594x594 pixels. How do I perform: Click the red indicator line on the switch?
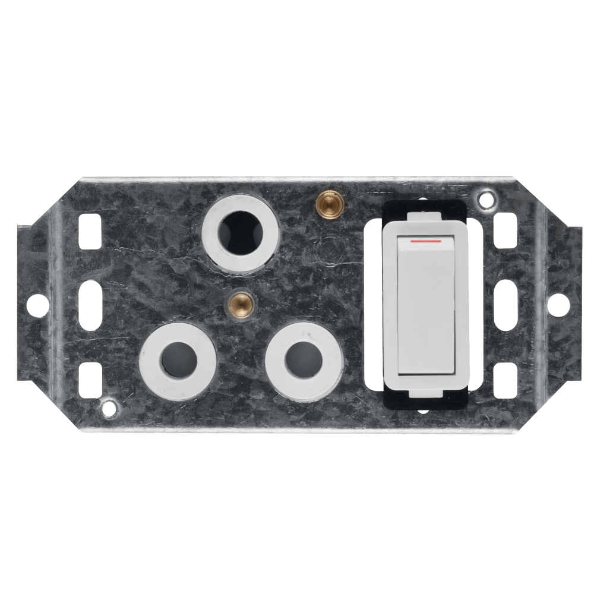pos(425,242)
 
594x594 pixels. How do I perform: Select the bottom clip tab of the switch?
pos(425,391)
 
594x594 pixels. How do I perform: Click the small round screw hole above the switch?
pos(486,198)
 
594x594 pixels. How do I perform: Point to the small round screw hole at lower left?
pos(109,407)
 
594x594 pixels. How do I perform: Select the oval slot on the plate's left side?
pos(90,305)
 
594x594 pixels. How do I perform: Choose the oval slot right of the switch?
pos(506,305)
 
